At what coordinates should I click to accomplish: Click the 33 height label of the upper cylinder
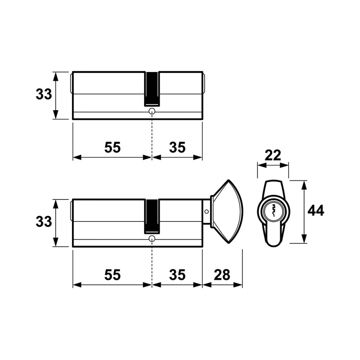tap(44, 95)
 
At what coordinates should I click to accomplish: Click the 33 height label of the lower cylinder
tap(44, 222)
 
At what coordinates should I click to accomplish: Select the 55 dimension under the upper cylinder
tap(112, 147)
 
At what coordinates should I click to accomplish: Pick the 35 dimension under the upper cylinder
tap(177, 147)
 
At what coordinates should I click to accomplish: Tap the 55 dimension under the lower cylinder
tap(112, 275)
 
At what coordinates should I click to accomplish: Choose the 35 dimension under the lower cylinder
tap(177, 275)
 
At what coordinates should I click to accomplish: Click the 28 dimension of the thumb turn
tap(222, 275)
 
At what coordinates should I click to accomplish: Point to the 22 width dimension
tap(273, 155)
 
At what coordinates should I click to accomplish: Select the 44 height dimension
tap(316, 211)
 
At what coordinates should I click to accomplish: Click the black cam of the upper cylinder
tap(152, 89)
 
